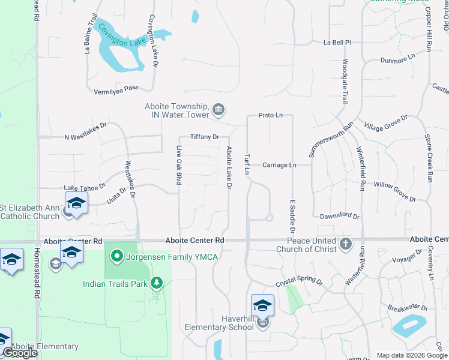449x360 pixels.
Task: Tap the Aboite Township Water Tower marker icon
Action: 218,109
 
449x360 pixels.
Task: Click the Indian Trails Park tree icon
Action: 157,282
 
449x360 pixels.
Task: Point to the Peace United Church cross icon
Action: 345,244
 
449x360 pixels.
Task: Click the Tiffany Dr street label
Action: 205,137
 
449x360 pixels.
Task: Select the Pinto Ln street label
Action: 270,115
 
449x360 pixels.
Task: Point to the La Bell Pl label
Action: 336,43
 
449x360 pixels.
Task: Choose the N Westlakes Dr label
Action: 85,136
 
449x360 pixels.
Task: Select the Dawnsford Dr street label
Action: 339,216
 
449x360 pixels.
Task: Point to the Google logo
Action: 20,353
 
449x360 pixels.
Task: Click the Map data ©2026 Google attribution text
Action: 411,355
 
